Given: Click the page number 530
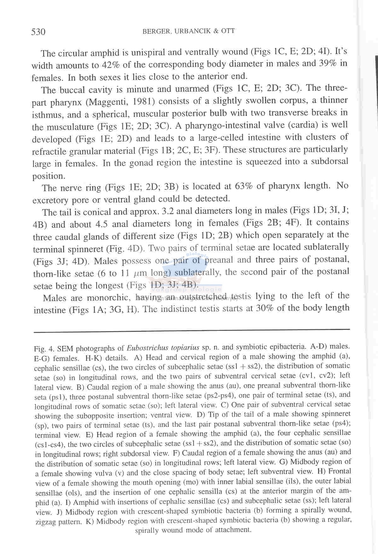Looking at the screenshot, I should (38, 32).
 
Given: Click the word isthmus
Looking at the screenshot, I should (47, 115).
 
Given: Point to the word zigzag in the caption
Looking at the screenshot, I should (46, 522).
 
